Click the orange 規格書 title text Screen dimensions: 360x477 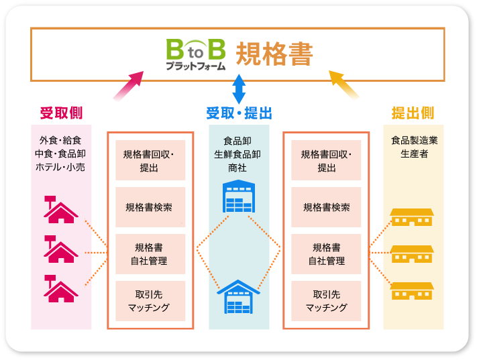point(274,55)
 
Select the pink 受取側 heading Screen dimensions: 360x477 point(61,112)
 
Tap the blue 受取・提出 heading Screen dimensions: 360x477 point(239,113)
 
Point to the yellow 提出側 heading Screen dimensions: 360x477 point(413,112)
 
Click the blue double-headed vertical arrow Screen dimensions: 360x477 point(239,88)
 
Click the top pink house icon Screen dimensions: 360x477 point(60,209)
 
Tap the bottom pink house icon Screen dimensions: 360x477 point(60,288)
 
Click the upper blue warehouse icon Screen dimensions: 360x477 point(239,197)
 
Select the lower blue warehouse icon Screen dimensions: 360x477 point(239,296)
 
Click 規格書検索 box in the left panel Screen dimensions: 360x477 point(150,207)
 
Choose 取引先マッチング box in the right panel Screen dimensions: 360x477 point(327,301)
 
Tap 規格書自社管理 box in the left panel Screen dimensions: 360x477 point(150,254)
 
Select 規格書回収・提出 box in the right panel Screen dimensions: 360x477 point(327,160)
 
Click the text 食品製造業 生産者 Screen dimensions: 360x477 point(413,147)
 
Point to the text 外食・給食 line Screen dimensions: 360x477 point(61,141)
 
